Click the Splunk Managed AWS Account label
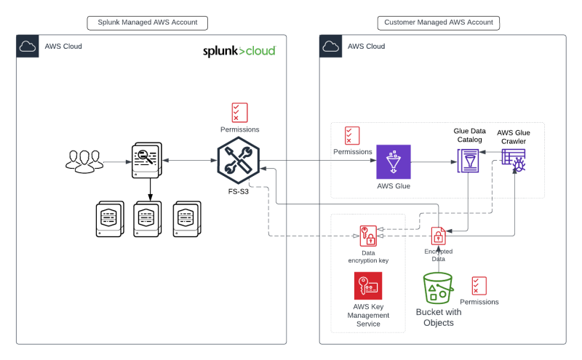tap(148, 23)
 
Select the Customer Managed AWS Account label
tap(439, 23)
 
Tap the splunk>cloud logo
tap(239, 52)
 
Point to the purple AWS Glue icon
tap(394, 161)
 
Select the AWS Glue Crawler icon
tap(514, 160)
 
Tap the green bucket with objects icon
tap(438, 289)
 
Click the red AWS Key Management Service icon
tap(368, 286)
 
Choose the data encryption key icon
tap(368, 236)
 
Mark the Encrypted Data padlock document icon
tap(439, 236)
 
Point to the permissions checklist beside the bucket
tap(479, 285)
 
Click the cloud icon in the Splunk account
tap(28, 47)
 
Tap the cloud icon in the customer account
tap(331, 47)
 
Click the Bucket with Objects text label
tap(438, 317)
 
